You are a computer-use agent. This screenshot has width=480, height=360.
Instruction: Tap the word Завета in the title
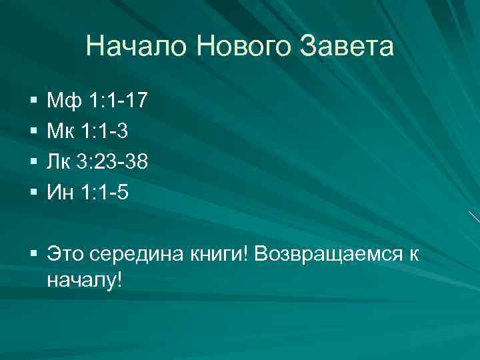[349, 47]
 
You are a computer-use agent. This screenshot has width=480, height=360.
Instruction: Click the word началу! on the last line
[85, 279]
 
